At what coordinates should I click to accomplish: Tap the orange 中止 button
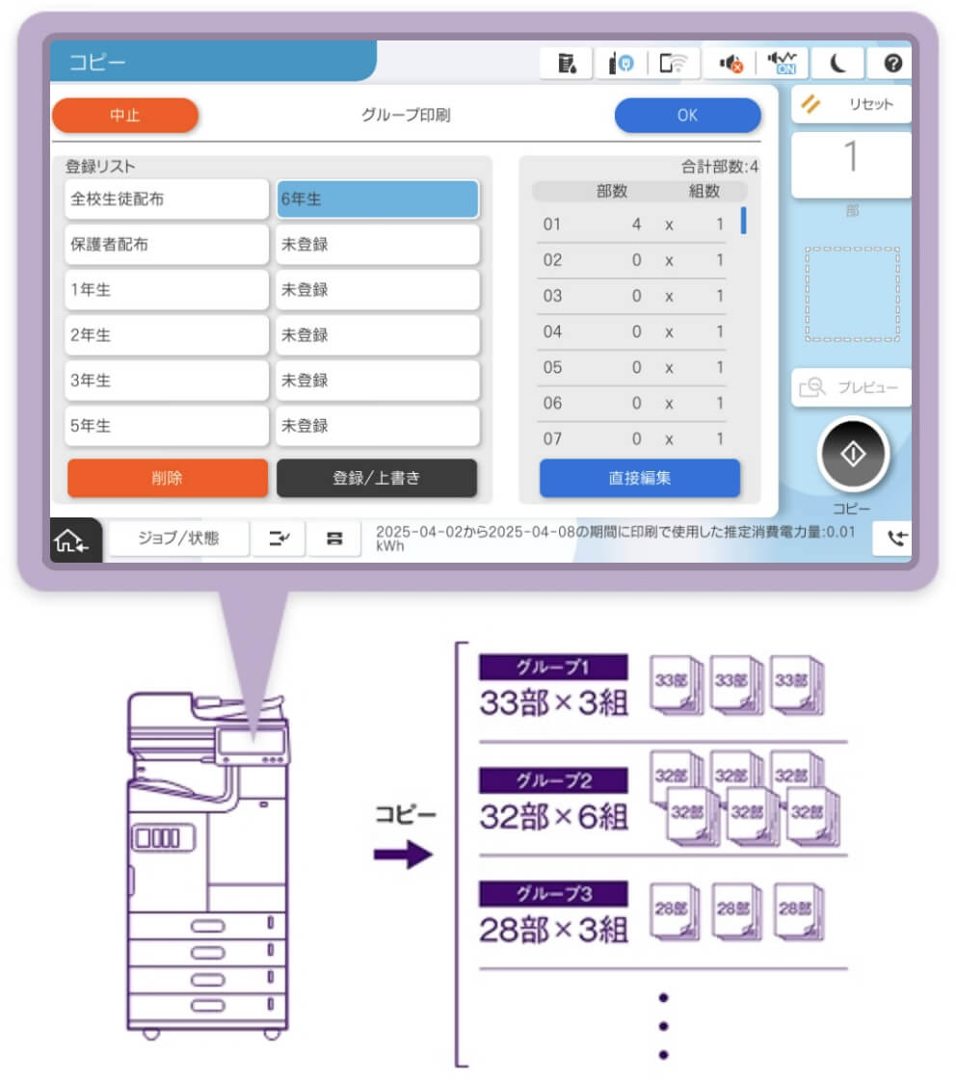point(124,116)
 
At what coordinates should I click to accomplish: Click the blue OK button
point(687,116)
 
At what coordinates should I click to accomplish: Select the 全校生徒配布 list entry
point(167,199)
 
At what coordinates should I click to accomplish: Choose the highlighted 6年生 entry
point(377,199)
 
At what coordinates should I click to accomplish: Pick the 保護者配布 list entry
point(167,245)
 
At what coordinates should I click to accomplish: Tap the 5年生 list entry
point(167,426)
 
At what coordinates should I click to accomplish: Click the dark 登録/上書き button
point(377,478)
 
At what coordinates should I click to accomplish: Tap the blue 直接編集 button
point(639,478)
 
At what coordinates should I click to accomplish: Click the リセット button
point(852,104)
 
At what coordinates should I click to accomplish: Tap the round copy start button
point(852,455)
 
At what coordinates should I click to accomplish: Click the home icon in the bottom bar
point(73,540)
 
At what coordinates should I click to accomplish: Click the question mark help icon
point(892,64)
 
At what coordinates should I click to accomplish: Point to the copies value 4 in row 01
point(636,224)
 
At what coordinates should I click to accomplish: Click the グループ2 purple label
point(553,778)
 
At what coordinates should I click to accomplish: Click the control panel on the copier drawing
point(252,742)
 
